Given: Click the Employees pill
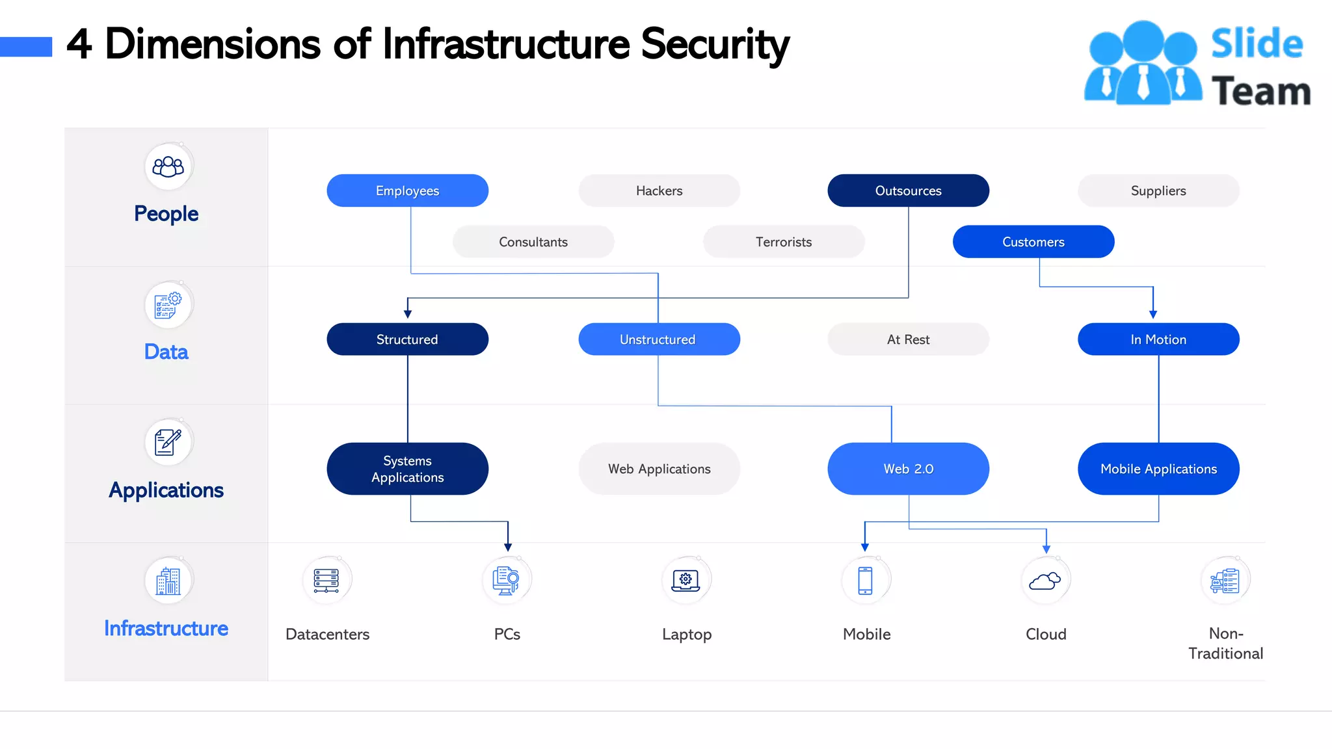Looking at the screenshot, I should pyautogui.click(x=407, y=191).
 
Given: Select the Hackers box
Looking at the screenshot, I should pyautogui.click(x=659, y=191).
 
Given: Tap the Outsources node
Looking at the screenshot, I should pyautogui.click(x=908, y=191).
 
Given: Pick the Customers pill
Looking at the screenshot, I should pyautogui.click(x=1033, y=242).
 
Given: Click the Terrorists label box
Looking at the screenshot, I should pyautogui.click(x=784, y=242).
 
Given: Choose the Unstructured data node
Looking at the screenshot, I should pyautogui.click(x=659, y=339).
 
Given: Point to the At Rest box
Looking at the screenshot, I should pyautogui.click(x=908, y=339).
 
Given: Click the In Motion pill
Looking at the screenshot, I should pyautogui.click(x=1158, y=339).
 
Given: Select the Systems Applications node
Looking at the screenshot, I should pyautogui.click(x=407, y=469).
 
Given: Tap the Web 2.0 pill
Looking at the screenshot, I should pyautogui.click(x=908, y=469).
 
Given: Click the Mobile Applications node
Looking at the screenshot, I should pyautogui.click(x=1158, y=469).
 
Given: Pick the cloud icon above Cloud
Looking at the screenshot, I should pyautogui.click(x=1045, y=581).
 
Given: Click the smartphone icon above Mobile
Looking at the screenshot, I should pyautogui.click(x=865, y=581).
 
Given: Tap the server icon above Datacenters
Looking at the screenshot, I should pyautogui.click(x=326, y=581).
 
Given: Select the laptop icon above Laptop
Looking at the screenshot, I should pyautogui.click(x=686, y=581).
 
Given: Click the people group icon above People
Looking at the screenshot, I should pyautogui.click(x=168, y=167).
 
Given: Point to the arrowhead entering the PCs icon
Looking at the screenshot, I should pyautogui.click(x=508, y=547).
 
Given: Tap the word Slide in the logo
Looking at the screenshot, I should pyautogui.click(x=1257, y=44).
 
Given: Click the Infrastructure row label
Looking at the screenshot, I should pyautogui.click(x=166, y=628).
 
